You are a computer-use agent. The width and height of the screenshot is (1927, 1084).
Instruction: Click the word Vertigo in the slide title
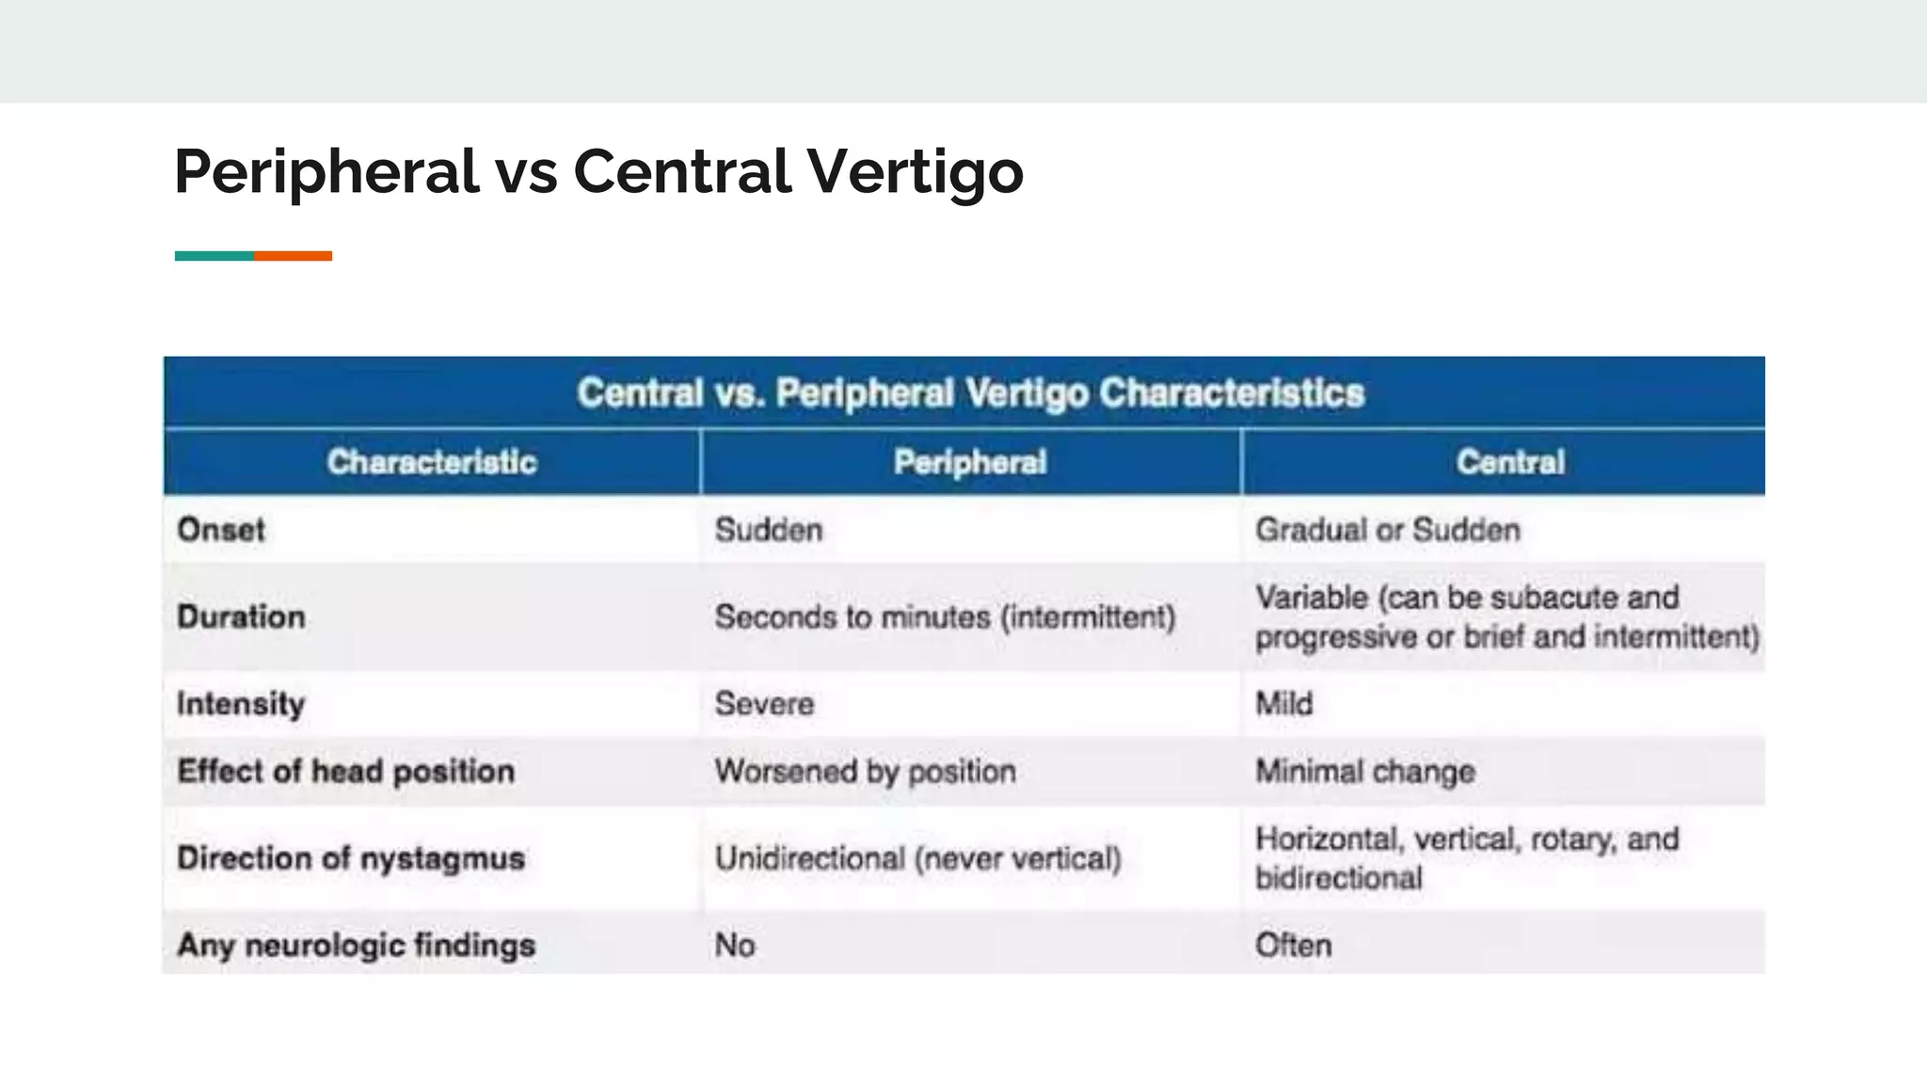pos(915,172)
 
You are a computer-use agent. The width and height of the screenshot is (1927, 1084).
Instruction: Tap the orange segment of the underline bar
pos(293,256)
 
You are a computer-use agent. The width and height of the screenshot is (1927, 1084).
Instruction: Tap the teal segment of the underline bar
pos(214,256)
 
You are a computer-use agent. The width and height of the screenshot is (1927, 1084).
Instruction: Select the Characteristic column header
pos(432,462)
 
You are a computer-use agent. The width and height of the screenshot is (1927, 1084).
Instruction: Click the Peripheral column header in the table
pos(970,462)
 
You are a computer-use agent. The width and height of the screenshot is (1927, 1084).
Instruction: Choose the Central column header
pos(1510,462)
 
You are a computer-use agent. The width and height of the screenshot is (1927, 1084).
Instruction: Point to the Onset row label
pos(221,530)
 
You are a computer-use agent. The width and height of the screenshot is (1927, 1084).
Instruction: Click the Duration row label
pos(241,617)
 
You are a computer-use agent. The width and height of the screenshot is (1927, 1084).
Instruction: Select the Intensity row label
pos(241,704)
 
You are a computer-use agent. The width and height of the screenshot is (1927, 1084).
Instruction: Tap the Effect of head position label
pos(345,772)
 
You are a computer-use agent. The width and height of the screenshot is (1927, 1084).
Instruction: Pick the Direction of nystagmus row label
pos(351,858)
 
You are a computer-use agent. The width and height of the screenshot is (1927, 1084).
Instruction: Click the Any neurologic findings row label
pos(356,945)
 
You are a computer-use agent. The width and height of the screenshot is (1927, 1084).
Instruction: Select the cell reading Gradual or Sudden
pos(1388,530)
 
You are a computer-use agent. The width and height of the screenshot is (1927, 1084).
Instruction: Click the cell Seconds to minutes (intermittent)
pos(945,617)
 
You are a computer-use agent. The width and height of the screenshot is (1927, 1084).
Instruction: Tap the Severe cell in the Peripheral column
pos(764,704)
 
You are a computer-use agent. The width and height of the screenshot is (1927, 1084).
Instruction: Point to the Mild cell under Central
pos(1283,704)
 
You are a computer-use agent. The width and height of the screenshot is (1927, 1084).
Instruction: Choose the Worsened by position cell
pos(865,772)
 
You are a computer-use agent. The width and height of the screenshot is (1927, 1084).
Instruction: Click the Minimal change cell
pos(1365,772)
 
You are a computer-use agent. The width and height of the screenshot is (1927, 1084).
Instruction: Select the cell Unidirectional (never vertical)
pos(917,858)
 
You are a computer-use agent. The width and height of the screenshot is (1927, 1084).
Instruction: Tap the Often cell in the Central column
pos(1293,945)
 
